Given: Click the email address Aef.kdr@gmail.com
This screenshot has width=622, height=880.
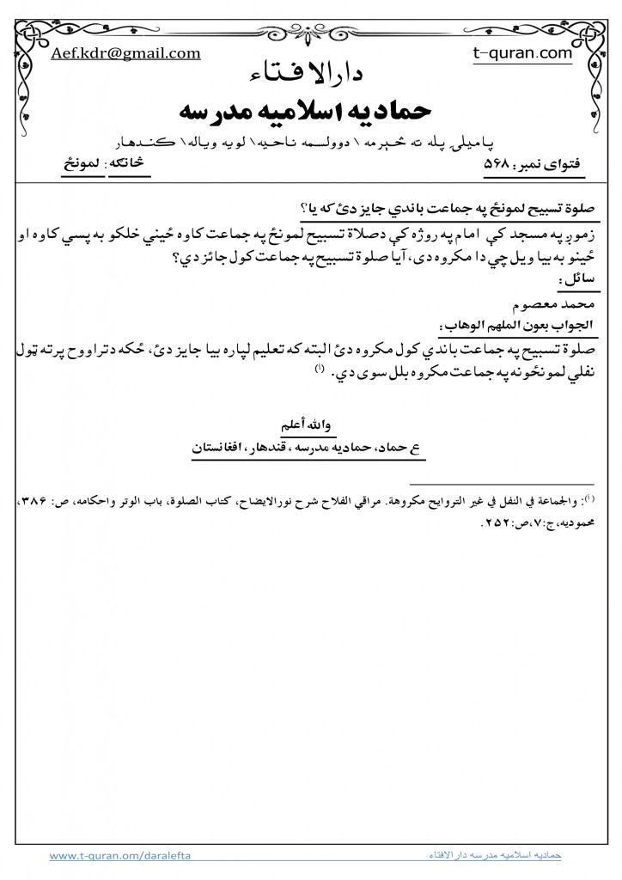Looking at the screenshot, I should [x=125, y=53].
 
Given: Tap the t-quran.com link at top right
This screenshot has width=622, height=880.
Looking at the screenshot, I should [x=522, y=53].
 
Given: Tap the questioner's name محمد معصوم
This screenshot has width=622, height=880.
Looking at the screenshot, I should [x=559, y=303].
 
